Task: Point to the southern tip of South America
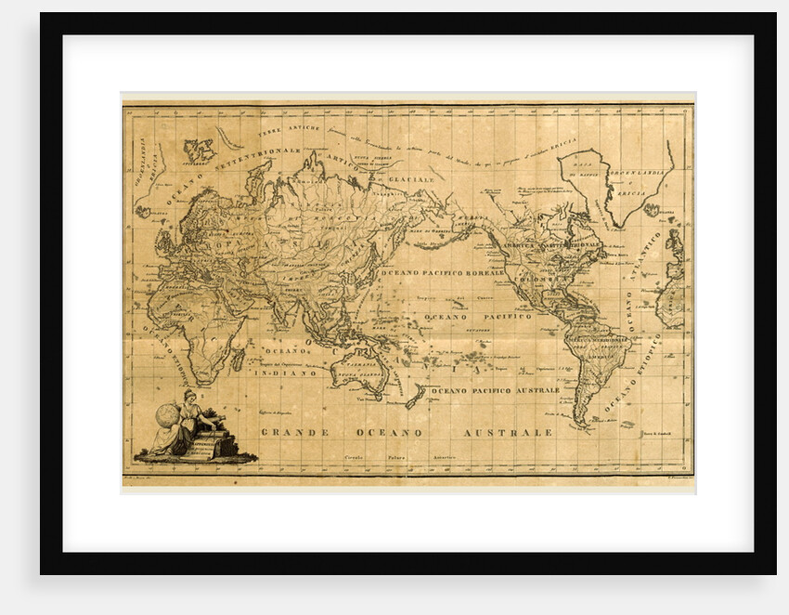pyautogui.click(x=580, y=425)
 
